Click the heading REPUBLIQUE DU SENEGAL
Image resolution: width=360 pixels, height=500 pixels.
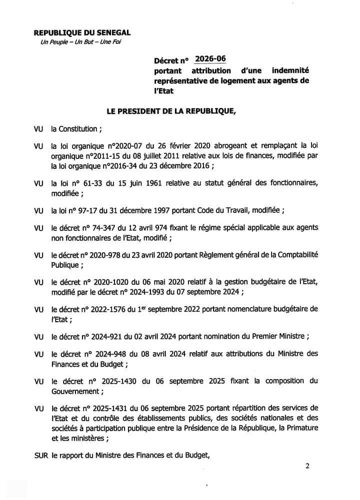tap(82, 33)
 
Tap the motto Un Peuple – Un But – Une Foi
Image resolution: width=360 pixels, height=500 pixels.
tap(80, 42)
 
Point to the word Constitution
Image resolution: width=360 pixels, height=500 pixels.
tap(78, 129)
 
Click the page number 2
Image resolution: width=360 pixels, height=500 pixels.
tap(307, 467)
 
